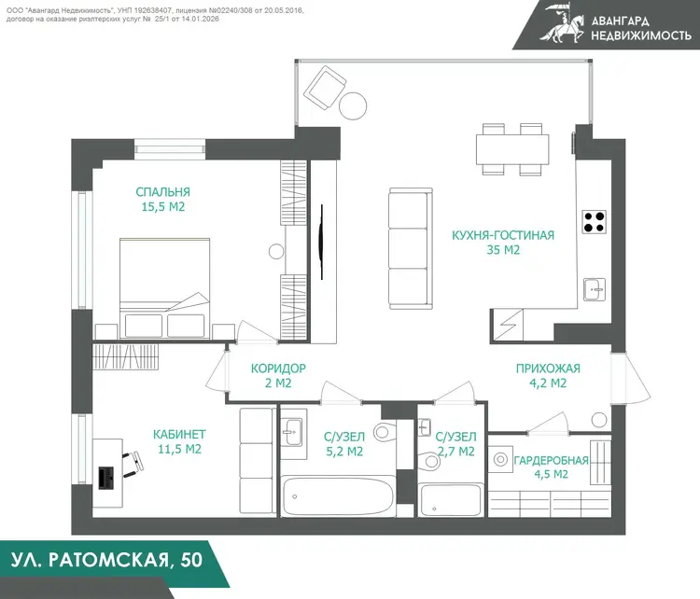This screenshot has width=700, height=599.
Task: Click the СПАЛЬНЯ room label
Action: [163, 192]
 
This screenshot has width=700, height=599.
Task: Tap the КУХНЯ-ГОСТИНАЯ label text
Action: [503, 235]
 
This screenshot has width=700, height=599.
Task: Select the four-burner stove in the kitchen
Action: [595, 222]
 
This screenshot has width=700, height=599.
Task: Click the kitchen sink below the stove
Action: [595, 289]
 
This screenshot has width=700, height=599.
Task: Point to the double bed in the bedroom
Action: [164, 288]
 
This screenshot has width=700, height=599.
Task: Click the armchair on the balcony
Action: [325, 88]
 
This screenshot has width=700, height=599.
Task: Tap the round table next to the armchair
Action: [353, 106]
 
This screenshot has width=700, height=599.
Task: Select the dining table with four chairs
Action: [512, 149]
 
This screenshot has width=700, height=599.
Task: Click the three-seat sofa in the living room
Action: [411, 248]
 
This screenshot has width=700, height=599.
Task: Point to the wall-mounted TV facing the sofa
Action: [321, 242]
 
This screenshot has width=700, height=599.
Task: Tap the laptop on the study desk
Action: [105, 478]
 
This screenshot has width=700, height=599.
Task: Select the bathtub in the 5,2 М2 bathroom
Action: [338, 495]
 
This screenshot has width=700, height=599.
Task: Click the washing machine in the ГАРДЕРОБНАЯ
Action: [500, 459]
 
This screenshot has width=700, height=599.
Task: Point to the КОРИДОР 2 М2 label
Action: [278, 375]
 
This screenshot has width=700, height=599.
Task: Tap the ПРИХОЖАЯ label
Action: [548, 369]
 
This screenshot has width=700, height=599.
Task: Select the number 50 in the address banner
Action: [191, 560]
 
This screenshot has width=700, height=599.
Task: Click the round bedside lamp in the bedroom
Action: [276, 251]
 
